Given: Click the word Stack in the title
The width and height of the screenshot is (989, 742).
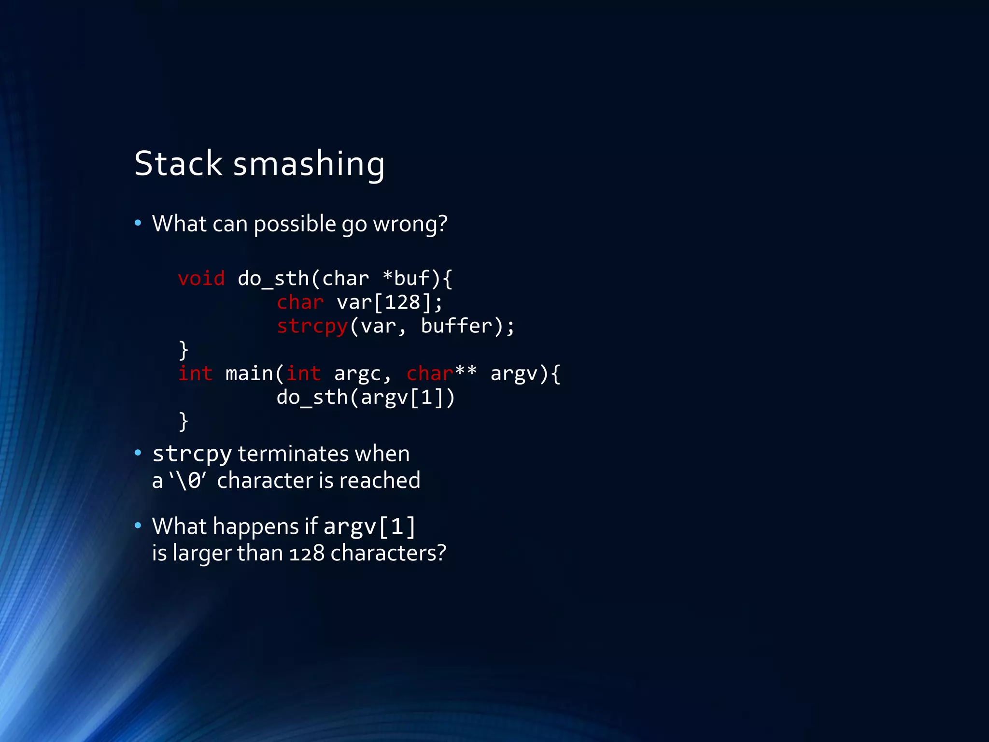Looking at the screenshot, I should (178, 163).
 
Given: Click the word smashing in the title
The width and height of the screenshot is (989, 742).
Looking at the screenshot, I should (309, 164).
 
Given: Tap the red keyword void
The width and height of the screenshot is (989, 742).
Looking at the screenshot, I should (201, 279).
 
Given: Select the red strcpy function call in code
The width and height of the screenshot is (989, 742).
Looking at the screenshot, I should (312, 327).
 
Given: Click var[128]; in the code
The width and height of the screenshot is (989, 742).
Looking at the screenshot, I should (389, 303).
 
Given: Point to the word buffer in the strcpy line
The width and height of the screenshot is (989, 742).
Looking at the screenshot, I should (456, 326).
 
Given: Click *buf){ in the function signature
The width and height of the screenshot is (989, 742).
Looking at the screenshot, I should (417, 279).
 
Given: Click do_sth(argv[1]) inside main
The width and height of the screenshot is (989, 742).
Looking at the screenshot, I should (366, 398).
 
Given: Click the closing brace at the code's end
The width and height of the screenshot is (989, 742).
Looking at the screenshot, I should (183, 421).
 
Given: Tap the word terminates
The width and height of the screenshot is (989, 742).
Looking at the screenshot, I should (293, 454).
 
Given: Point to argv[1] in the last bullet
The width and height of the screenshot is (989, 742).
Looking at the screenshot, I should (369, 527).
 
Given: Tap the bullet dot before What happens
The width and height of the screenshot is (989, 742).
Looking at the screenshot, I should (138, 525).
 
